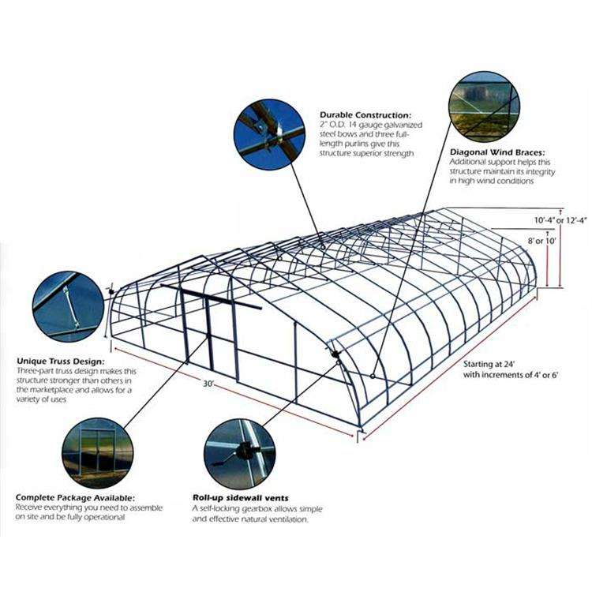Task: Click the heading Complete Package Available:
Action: pyautogui.click(x=74, y=498)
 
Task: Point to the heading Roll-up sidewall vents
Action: pyautogui.click(x=240, y=498)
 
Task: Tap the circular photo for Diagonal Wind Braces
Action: pyautogui.click(x=484, y=107)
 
